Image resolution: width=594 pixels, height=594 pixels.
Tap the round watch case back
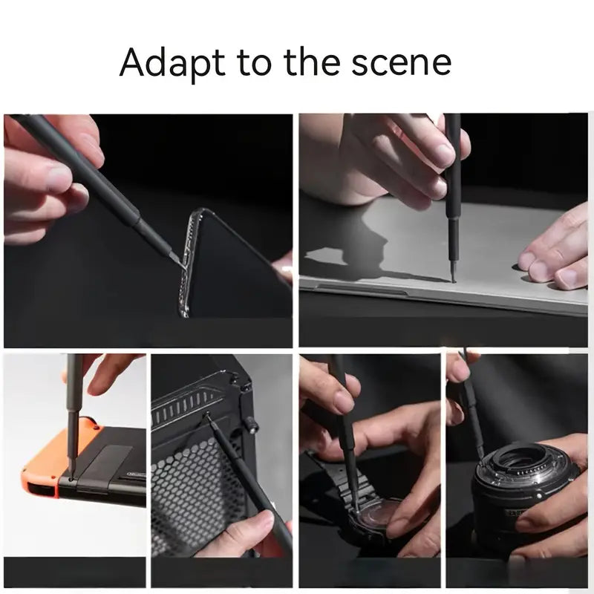coord(373,516)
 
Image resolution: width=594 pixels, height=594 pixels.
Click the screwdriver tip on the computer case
coord(209,417)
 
